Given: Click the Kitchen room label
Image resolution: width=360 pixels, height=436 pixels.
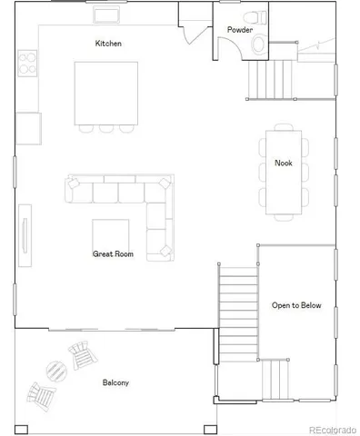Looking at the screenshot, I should [108, 44].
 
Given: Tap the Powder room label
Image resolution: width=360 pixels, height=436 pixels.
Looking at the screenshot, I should [240, 30].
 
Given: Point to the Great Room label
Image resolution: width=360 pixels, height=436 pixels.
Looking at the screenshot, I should [113, 254].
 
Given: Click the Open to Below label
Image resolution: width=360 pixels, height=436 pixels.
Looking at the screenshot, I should [295, 305].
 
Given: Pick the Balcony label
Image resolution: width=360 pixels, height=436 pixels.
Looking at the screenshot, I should [115, 382].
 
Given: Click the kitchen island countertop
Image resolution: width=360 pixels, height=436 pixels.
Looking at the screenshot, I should [106, 92].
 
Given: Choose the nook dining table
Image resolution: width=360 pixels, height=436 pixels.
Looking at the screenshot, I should [283, 173].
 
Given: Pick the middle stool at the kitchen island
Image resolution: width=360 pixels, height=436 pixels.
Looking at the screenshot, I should [106, 127].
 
